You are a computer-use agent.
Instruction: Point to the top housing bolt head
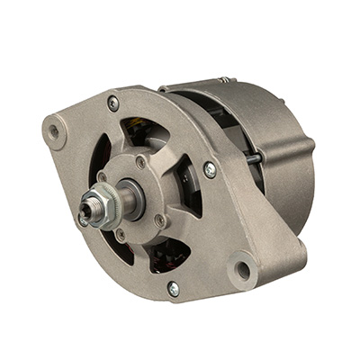112,103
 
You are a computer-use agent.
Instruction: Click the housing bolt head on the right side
210,168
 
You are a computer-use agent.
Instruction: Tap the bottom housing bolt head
173,287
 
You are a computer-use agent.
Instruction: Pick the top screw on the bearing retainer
141,162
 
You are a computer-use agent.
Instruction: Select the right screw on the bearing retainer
160,219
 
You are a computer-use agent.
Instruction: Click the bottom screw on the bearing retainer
120,236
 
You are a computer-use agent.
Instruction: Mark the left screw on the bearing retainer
101,176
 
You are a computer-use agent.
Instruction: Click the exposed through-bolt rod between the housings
255,159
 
